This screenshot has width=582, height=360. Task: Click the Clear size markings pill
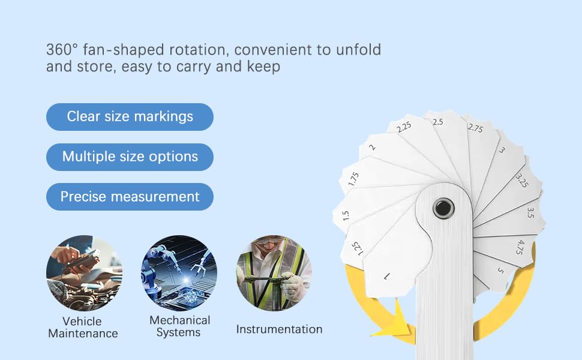pyautogui.click(x=130, y=117)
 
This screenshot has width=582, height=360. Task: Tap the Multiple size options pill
pyautogui.click(x=130, y=157)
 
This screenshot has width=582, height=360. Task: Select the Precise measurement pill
pyautogui.click(x=130, y=197)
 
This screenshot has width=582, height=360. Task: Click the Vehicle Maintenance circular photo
pyautogui.click(x=84, y=273)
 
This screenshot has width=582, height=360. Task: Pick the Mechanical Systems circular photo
pyautogui.click(x=179, y=273)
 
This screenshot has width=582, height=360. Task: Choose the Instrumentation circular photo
pyautogui.click(x=274, y=273)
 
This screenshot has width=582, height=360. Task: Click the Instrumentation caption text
pyautogui.click(x=279, y=329)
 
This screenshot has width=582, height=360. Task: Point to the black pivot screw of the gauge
pyautogui.click(x=443, y=208)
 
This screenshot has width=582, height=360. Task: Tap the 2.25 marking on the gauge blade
pyautogui.click(x=404, y=127)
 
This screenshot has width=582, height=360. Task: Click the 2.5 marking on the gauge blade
pyautogui.click(x=437, y=122)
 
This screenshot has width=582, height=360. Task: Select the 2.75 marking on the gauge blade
pyautogui.click(x=475, y=128)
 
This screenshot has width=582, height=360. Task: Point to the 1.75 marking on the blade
pyautogui.click(x=354, y=179)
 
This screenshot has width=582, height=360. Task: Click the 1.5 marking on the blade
pyautogui.click(x=346, y=215)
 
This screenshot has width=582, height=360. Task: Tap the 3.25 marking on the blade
pyautogui.click(x=522, y=181)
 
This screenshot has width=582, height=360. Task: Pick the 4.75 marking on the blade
pyautogui.click(x=520, y=247)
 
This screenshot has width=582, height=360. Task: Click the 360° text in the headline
pyautogui.click(x=62, y=50)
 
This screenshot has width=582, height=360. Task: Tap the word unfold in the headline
pyautogui.click(x=358, y=50)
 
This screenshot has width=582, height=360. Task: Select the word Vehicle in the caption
pyautogui.click(x=82, y=321)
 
